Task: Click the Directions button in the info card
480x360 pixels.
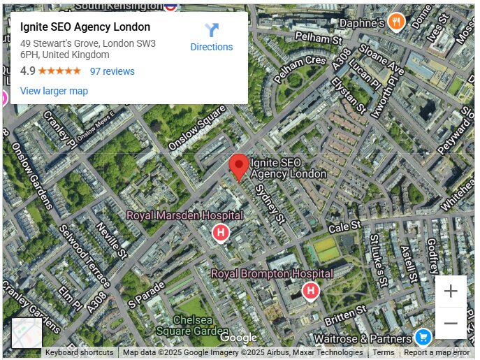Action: click(212, 37)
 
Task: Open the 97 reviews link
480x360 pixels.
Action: click(112, 71)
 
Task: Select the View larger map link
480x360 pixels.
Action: click(54, 91)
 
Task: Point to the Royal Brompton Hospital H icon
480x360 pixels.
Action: click(310, 290)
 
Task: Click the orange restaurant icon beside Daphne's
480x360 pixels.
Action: click(397, 22)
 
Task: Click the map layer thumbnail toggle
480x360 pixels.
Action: click(27, 333)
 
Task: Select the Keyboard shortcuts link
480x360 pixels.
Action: click(79, 352)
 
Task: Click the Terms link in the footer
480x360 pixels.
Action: click(383, 352)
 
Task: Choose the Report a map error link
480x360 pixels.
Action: click(437, 352)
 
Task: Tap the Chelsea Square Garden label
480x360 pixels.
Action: click(192, 325)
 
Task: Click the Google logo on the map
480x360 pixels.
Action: click(238, 338)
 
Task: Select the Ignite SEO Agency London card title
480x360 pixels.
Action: click(85, 27)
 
